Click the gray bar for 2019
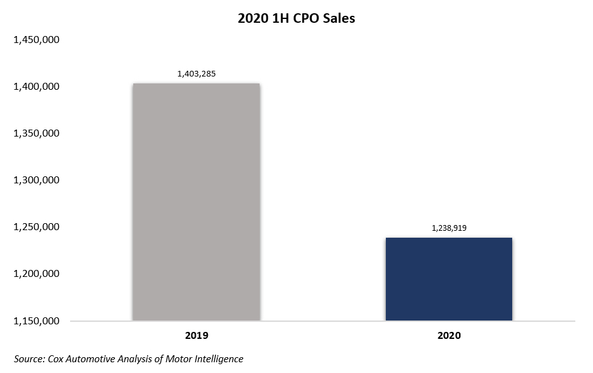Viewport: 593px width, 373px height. [x=196, y=202]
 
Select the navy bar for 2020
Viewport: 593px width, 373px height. [x=448, y=279]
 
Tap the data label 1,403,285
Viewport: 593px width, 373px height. [x=196, y=74]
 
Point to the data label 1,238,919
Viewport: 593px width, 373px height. [x=448, y=228]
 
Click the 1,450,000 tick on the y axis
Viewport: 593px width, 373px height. [x=36, y=40]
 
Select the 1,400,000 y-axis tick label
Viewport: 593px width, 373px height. [x=36, y=87]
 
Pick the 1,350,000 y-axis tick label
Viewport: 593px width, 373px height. [x=36, y=133]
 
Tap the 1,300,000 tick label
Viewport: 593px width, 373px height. [x=36, y=180]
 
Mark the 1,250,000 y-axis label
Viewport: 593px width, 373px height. [x=36, y=227]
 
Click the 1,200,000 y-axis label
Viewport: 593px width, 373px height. [x=36, y=274]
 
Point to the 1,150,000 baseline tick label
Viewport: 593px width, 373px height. [x=36, y=321]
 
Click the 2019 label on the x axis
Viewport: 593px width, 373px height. [x=196, y=336]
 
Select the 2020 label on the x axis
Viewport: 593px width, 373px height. [x=448, y=336]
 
